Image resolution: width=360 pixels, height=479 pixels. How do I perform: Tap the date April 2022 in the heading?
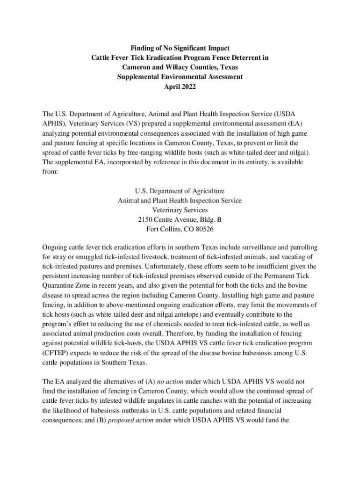tap(180, 87)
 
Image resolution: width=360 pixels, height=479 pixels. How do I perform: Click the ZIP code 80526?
tap(203, 229)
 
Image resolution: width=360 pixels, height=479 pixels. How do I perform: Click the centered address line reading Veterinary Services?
tap(180, 210)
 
